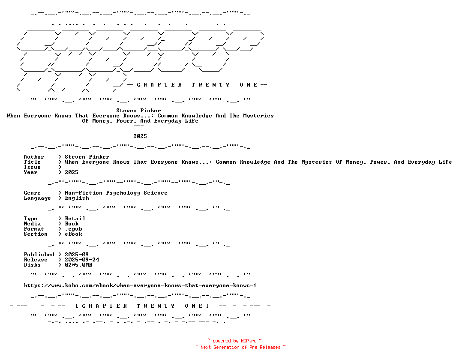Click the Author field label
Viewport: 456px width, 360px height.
tap(34, 157)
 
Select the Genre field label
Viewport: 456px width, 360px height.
tap(32, 193)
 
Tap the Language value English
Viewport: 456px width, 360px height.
tap(77, 198)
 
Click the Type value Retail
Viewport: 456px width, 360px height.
tap(75, 219)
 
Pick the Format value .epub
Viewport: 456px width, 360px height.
tap(73, 229)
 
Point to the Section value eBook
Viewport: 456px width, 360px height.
tap(73, 234)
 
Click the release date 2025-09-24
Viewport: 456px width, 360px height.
tap(82, 260)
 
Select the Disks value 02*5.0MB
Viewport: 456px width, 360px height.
tap(78, 265)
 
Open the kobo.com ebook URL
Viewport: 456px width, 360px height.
tap(140, 285)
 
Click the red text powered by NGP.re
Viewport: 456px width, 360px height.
tap(235, 341)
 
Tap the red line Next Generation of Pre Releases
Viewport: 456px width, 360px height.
tap(240, 347)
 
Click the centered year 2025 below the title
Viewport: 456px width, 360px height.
tap(140, 136)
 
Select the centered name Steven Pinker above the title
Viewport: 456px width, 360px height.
tap(138, 111)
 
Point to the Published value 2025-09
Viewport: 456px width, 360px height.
tap(77, 255)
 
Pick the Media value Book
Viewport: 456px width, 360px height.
tap(72, 224)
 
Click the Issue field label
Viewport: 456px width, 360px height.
tap(32, 167)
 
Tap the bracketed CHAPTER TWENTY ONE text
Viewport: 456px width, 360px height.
tap(142, 306)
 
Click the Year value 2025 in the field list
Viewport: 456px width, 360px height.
tap(72, 172)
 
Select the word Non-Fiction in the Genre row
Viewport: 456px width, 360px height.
tap(84, 193)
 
